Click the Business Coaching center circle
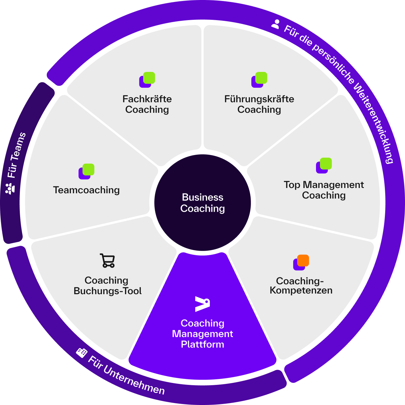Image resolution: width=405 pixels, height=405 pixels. pyautogui.click(x=202, y=202)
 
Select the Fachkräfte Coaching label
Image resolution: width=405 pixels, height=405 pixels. pyautogui.click(x=147, y=104)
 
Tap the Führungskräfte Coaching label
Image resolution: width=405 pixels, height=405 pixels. pyautogui.click(x=259, y=104)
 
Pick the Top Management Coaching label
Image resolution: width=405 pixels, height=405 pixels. pyautogui.click(x=324, y=190)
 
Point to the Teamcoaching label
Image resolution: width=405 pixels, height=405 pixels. pyautogui.click(x=86, y=190)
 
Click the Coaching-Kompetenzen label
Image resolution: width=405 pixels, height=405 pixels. pyautogui.click(x=301, y=286)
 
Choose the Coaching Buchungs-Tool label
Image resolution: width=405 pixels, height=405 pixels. pyautogui.click(x=108, y=286)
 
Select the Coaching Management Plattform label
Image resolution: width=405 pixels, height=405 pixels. pyautogui.click(x=202, y=334)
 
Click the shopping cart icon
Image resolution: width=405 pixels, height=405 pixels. pyautogui.click(x=108, y=261)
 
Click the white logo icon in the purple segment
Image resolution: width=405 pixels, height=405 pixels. pyautogui.click(x=202, y=304)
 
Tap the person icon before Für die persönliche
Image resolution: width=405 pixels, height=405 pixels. pyautogui.click(x=275, y=24)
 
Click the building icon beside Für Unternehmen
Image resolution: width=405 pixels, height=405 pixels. pyautogui.click(x=81, y=352)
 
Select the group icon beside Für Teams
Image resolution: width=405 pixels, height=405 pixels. pyautogui.click(x=10, y=189)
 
